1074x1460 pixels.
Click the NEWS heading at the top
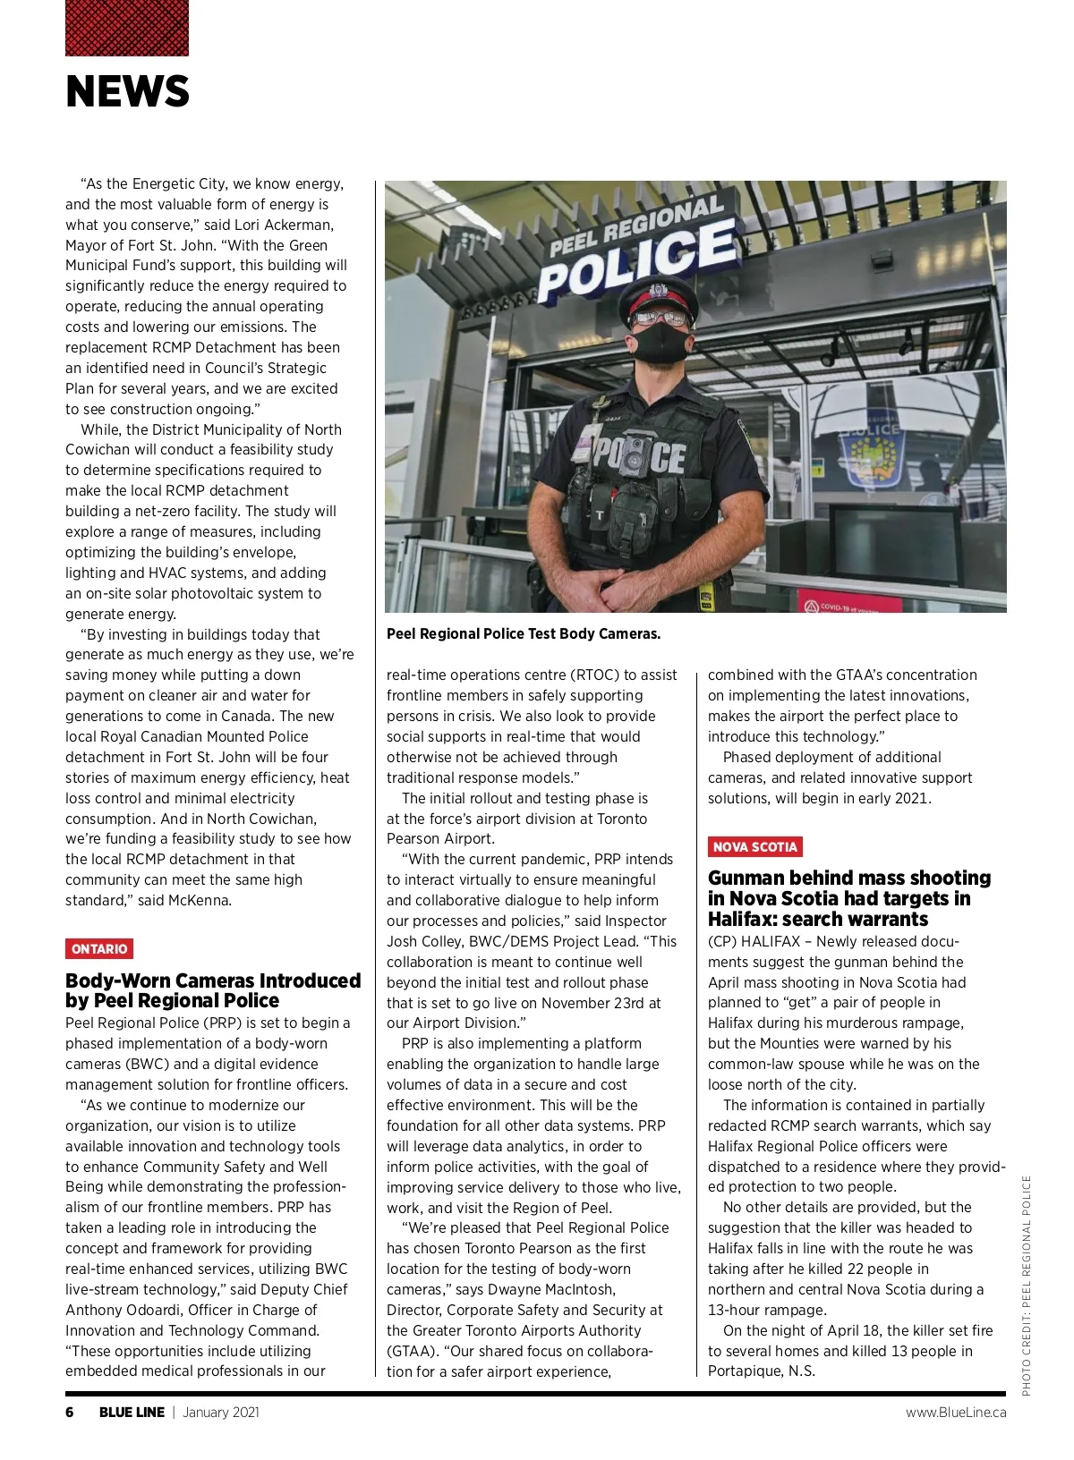coord(127,92)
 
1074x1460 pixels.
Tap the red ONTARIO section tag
coord(99,948)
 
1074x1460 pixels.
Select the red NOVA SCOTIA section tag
coord(754,846)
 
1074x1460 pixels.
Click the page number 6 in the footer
coord(70,1412)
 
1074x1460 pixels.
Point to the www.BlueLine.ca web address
coord(955,1412)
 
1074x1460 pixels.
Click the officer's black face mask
coord(661,341)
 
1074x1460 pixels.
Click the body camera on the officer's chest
coord(636,448)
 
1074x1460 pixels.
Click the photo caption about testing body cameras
coord(524,633)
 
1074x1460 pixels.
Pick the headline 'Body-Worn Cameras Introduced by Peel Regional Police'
coord(212,990)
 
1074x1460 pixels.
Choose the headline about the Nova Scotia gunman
coord(848,898)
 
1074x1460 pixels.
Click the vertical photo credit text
coord(1027,1284)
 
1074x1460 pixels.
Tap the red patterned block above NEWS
coord(127,28)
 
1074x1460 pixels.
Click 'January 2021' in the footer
coord(221,1412)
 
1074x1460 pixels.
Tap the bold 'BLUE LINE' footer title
coord(132,1412)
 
